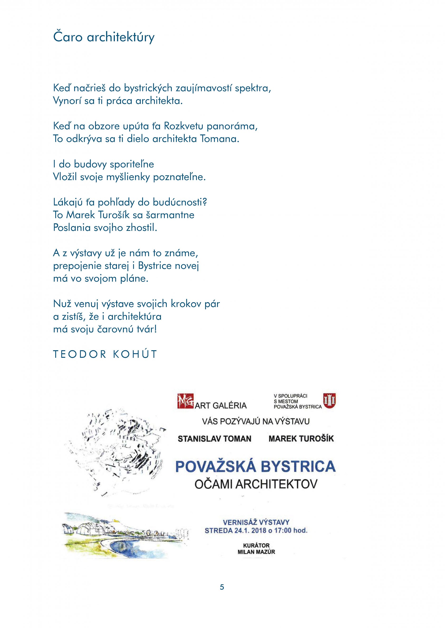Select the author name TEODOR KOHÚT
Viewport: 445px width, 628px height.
[x=105, y=354]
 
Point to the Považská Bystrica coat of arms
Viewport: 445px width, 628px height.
[x=329, y=401]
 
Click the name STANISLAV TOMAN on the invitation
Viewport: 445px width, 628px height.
[x=215, y=439]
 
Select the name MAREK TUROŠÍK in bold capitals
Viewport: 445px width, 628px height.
[x=301, y=439]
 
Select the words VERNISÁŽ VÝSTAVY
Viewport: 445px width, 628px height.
[x=256, y=522]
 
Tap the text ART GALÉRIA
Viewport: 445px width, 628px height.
[x=221, y=406]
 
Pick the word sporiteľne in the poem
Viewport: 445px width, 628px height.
[x=132, y=164]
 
